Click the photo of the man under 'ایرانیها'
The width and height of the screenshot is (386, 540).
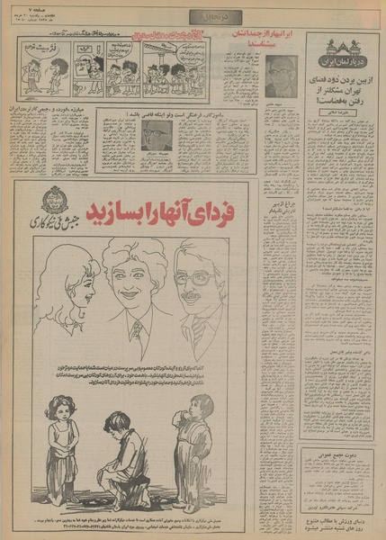click(281, 76)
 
